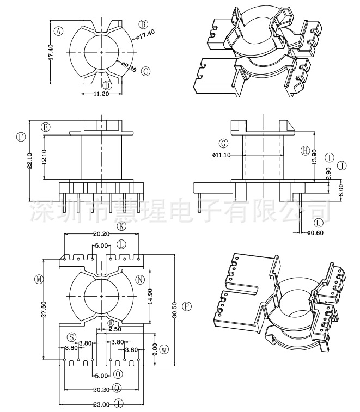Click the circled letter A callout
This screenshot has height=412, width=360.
[x=58, y=31]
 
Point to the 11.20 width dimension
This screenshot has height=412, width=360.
[x=102, y=94]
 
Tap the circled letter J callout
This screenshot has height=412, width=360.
[x=341, y=165]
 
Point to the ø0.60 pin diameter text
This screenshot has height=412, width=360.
[x=316, y=232]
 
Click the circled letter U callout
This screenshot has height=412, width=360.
[x=319, y=223]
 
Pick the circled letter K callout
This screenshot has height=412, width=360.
[x=121, y=226]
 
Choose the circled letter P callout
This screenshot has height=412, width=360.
[x=187, y=306]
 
